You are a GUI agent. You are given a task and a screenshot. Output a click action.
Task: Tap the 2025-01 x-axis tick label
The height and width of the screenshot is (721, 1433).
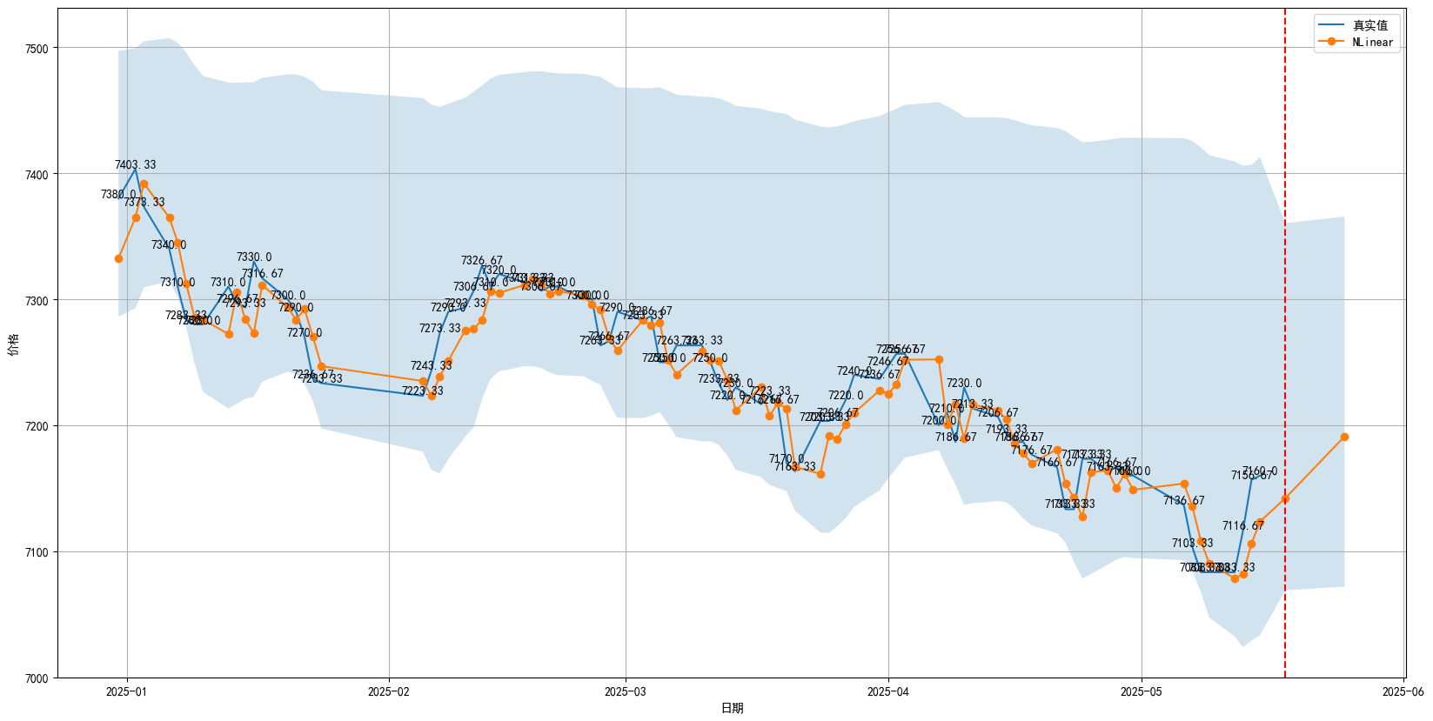tap(127, 692)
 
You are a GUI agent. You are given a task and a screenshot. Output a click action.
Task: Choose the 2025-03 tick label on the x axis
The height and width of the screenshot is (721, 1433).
tap(625, 692)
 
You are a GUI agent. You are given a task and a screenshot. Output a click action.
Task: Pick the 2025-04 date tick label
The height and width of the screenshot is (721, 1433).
tap(888, 692)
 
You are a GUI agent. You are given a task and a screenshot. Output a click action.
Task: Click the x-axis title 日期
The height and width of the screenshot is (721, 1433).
tap(732, 708)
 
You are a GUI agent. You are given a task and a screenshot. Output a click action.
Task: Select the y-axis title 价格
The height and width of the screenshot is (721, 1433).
tap(11, 344)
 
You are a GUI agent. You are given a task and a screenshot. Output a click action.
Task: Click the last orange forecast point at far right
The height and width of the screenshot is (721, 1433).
tap(1344, 437)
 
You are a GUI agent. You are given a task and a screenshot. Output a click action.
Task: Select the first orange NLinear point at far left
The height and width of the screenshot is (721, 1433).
tap(118, 258)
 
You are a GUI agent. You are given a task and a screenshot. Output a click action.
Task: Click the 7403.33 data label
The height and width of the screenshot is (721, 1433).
tap(136, 164)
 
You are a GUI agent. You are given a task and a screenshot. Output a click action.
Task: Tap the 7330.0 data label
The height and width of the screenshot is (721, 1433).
tap(254, 257)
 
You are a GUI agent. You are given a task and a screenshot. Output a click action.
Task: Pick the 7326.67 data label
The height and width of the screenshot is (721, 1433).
tap(481, 261)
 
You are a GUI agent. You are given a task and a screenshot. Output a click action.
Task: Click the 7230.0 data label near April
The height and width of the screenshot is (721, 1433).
tap(964, 383)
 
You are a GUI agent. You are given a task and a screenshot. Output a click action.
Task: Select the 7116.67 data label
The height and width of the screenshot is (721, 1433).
tap(1242, 525)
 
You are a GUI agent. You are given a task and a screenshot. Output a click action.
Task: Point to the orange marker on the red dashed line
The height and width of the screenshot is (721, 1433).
tap(1285, 499)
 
